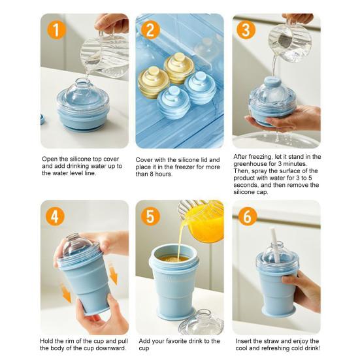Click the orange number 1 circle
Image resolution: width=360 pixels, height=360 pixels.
(x=57, y=29)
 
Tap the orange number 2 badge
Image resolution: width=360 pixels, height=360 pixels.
(x=151, y=29)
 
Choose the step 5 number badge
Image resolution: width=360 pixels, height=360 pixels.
(x=151, y=216)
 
